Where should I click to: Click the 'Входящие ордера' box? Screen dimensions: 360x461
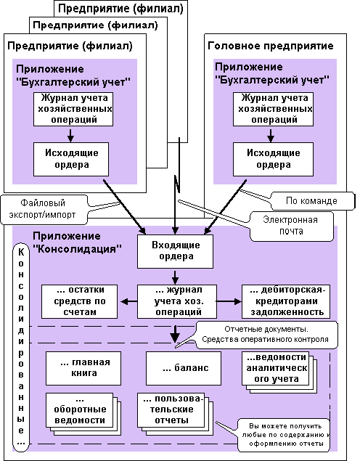tap(175, 251)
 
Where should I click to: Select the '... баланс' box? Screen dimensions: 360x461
tap(184, 368)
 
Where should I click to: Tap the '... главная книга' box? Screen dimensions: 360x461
tap(83, 368)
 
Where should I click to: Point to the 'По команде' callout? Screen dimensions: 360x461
tap(311, 201)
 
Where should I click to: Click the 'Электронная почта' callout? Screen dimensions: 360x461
tap(292, 227)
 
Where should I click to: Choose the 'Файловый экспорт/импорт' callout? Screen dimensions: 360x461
tap(44, 209)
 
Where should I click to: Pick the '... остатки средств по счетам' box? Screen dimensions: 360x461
tap(79, 301)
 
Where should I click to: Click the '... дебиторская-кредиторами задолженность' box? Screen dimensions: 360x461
tap(286, 301)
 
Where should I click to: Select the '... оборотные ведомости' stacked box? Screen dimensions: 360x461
tap(83, 414)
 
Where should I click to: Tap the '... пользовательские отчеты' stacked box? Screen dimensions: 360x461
tap(175, 414)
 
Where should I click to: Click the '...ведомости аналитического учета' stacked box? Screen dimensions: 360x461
tap(279, 372)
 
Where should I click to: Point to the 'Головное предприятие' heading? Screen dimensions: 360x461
tap(271, 46)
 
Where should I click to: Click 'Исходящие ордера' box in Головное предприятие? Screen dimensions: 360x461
tap(273, 159)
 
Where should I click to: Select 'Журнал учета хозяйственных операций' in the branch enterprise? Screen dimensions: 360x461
tap(73, 109)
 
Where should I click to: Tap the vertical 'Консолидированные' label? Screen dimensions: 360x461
tap(21, 347)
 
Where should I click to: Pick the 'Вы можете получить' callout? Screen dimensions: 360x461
tap(284, 435)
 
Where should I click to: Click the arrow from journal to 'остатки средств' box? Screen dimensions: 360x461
tap(128, 301)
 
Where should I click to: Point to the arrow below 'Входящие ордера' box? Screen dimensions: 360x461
tap(175, 277)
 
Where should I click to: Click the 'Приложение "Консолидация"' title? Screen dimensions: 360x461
tap(77, 242)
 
